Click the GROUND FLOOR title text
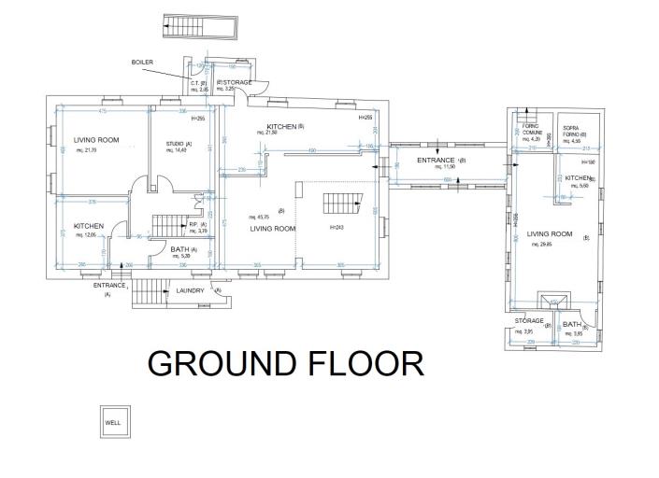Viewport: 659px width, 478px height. (x=285, y=362)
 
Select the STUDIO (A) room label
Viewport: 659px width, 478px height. (x=179, y=144)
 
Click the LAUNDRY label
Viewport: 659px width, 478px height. (x=190, y=290)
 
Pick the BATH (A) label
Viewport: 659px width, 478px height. (x=183, y=250)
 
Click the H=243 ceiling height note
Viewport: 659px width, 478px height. (x=337, y=228)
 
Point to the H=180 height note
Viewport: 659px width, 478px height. (x=583, y=162)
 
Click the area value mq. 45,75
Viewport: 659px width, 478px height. (x=260, y=217)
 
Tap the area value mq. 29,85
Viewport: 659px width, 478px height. (x=543, y=244)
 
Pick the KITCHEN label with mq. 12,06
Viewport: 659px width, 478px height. (x=89, y=226)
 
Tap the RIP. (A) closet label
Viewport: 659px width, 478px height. (x=197, y=225)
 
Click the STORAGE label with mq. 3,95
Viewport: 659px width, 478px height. (x=529, y=321)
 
